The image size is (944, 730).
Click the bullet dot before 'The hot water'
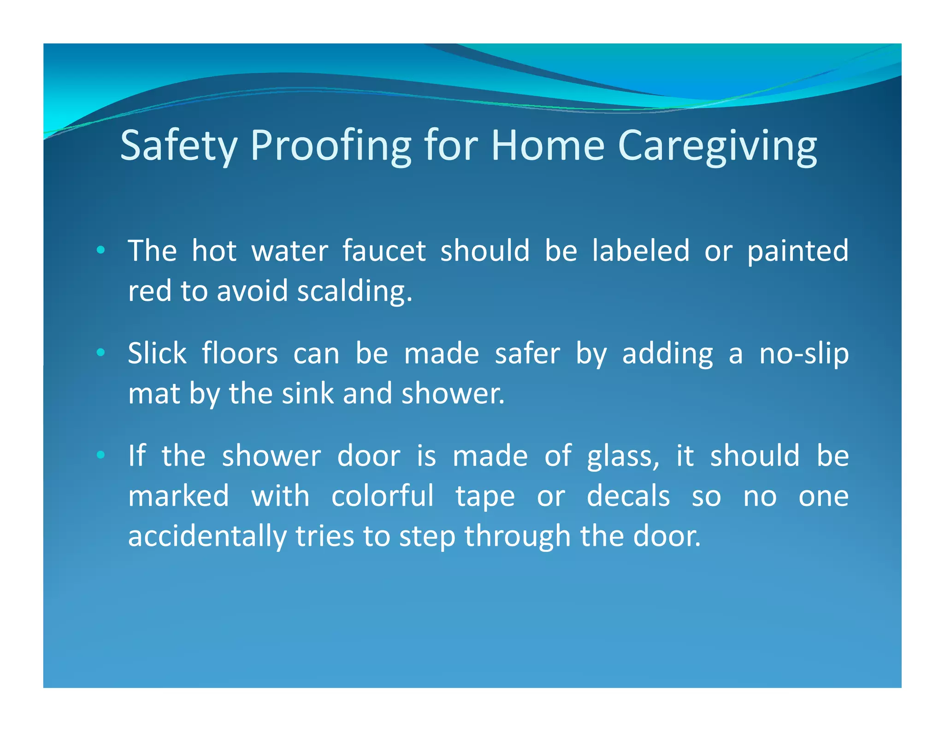pos(100,251)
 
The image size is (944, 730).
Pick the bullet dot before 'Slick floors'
pos(100,353)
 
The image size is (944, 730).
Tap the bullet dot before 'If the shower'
pos(100,455)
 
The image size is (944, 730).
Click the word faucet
pos(384,251)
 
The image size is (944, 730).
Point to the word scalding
pos(354,292)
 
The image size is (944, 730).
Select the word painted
pos(797,251)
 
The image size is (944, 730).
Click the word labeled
pos(641,251)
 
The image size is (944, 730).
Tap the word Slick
pos(157,354)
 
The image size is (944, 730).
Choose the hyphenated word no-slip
pos(804,354)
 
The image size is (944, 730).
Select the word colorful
pos(383,497)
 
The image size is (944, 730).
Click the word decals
pos(628,497)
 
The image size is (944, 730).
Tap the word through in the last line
pos(517,537)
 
